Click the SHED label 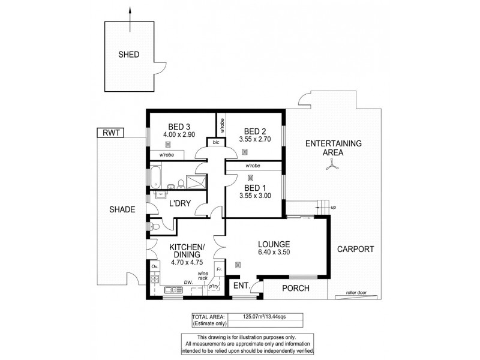point(128,55)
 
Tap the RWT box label point(110,133)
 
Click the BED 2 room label point(255,131)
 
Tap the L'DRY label point(179,204)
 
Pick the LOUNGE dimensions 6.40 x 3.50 point(274,254)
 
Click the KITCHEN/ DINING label point(187,251)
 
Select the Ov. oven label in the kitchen point(154,266)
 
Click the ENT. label point(241,286)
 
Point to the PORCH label point(295,289)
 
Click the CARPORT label point(355,249)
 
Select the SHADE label point(122,209)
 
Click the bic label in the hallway point(215,143)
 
